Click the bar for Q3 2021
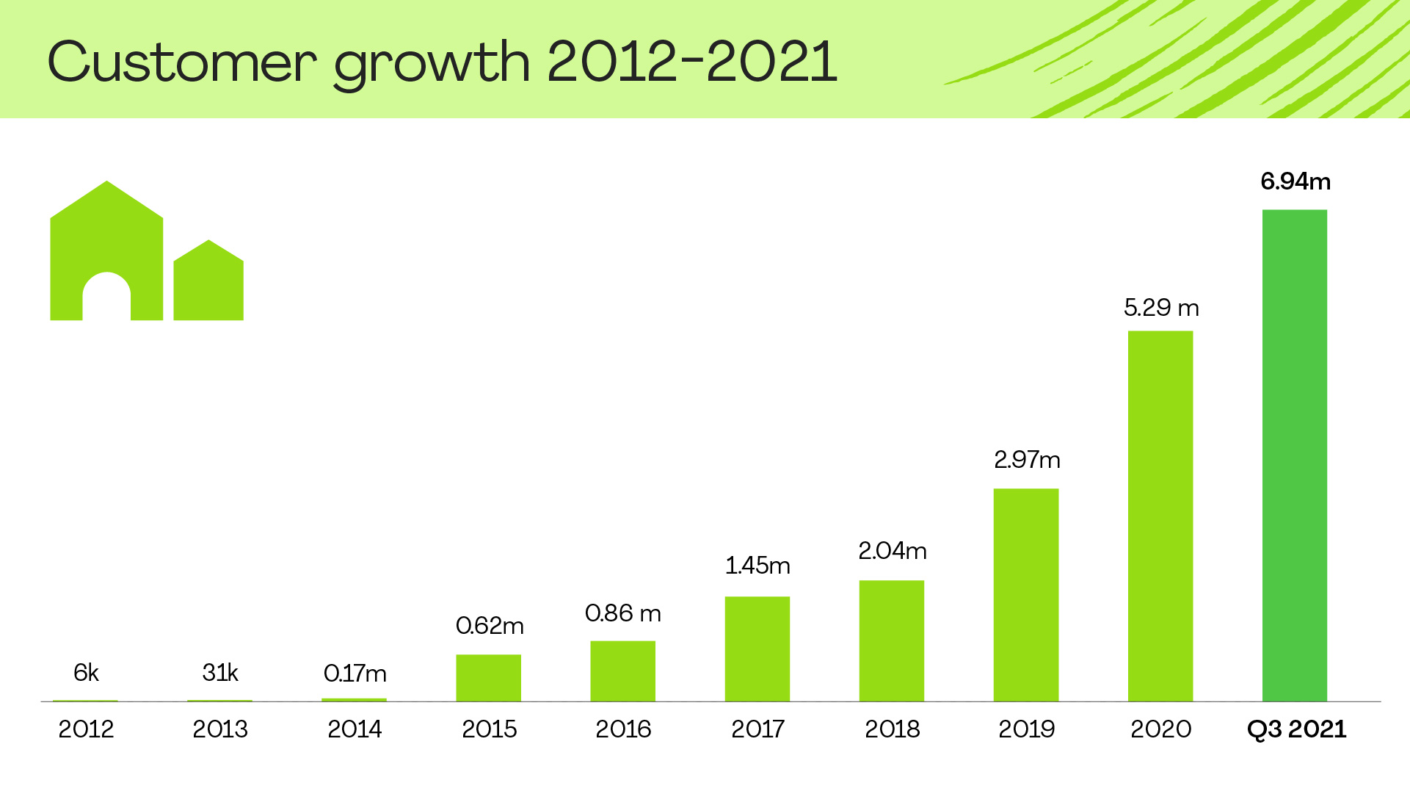[x=1294, y=455]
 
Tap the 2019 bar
[x=1025, y=595]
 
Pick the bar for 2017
[x=757, y=649]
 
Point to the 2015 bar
[x=488, y=678]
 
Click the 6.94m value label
[x=1295, y=181]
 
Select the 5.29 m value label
[x=1161, y=308]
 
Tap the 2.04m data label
[x=892, y=551]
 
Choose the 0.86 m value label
[x=622, y=613]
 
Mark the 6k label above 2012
[x=86, y=673]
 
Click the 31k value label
[x=220, y=673]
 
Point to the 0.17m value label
[x=355, y=674]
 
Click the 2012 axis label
[x=86, y=729]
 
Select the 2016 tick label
[x=623, y=729]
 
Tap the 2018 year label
[x=892, y=729]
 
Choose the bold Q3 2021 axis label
[x=1296, y=729]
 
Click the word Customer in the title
[x=182, y=62]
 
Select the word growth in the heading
[x=432, y=65]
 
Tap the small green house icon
[x=208, y=283]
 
